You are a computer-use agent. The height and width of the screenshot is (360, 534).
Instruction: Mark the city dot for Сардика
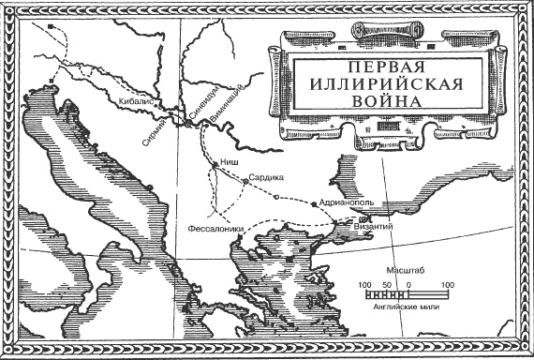click(245, 180)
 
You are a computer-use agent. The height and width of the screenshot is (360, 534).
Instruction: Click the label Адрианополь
click(348, 202)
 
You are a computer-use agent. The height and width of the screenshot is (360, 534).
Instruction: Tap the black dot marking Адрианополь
click(314, 202)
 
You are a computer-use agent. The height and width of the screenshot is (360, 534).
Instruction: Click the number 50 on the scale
click(386, 283)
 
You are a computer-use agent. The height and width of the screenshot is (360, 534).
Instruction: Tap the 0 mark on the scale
click(408, 283)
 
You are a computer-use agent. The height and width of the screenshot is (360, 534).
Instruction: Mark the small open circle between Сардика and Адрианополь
click(275, 195)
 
